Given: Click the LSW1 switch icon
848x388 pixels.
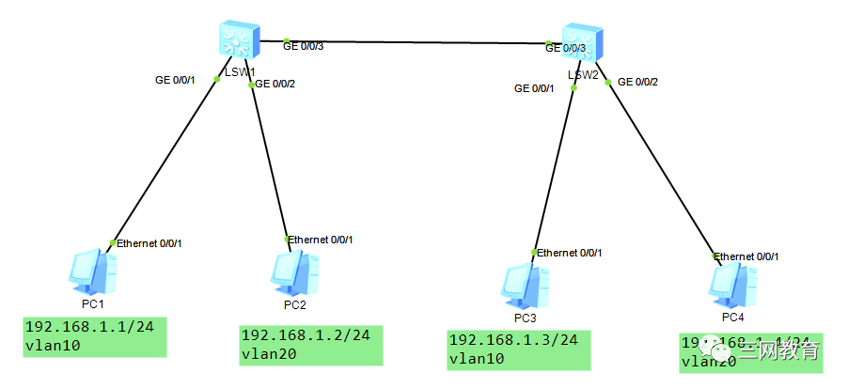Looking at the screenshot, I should [x=236, y=39].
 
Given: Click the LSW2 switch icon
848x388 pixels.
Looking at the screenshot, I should [x=582, y=41].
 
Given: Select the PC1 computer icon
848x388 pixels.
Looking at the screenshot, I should [x=94, y=273].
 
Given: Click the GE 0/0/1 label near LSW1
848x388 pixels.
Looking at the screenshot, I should [x=175, y=80].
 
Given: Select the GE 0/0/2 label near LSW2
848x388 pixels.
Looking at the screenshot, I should [x=637, y=82].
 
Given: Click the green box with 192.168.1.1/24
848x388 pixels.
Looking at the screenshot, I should [x=95, y=336].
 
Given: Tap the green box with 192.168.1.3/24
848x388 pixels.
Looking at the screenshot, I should [x=518, y=349].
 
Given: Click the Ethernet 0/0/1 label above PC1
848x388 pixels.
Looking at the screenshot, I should [x=149, y=243].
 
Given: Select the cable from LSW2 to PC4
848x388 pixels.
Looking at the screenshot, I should [x=663, y=169].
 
